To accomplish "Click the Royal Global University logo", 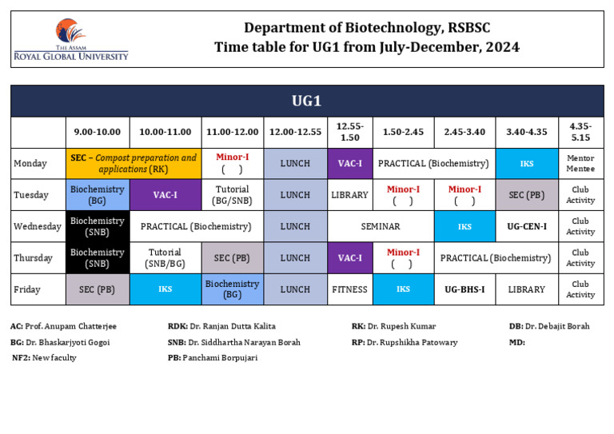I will [x=70, y=40].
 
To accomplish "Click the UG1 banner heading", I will [x=306, y=101].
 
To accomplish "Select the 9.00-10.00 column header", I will [x=98, y=132].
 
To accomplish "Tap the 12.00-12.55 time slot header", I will [x=295, y=132].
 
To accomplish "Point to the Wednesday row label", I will [x=38, y=226].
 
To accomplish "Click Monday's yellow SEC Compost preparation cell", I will [x=133, y=163].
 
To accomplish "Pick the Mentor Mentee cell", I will [x=580, y=163].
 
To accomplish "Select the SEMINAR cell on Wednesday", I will [x=381, y=226].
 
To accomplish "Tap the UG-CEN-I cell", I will [x=527, y=226].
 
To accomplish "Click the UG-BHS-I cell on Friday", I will [x=464, y=289].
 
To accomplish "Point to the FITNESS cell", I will [x=350, y=289].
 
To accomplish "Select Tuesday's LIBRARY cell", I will [x=350, y=195].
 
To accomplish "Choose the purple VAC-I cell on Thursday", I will [x=350, y=258].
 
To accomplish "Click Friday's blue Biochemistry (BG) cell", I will [x=232, y=289].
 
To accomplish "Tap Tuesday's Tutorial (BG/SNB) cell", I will [x=232, y=195].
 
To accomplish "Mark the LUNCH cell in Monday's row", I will [x=295, y=163].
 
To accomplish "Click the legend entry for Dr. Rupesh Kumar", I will [x=393, y=326].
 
